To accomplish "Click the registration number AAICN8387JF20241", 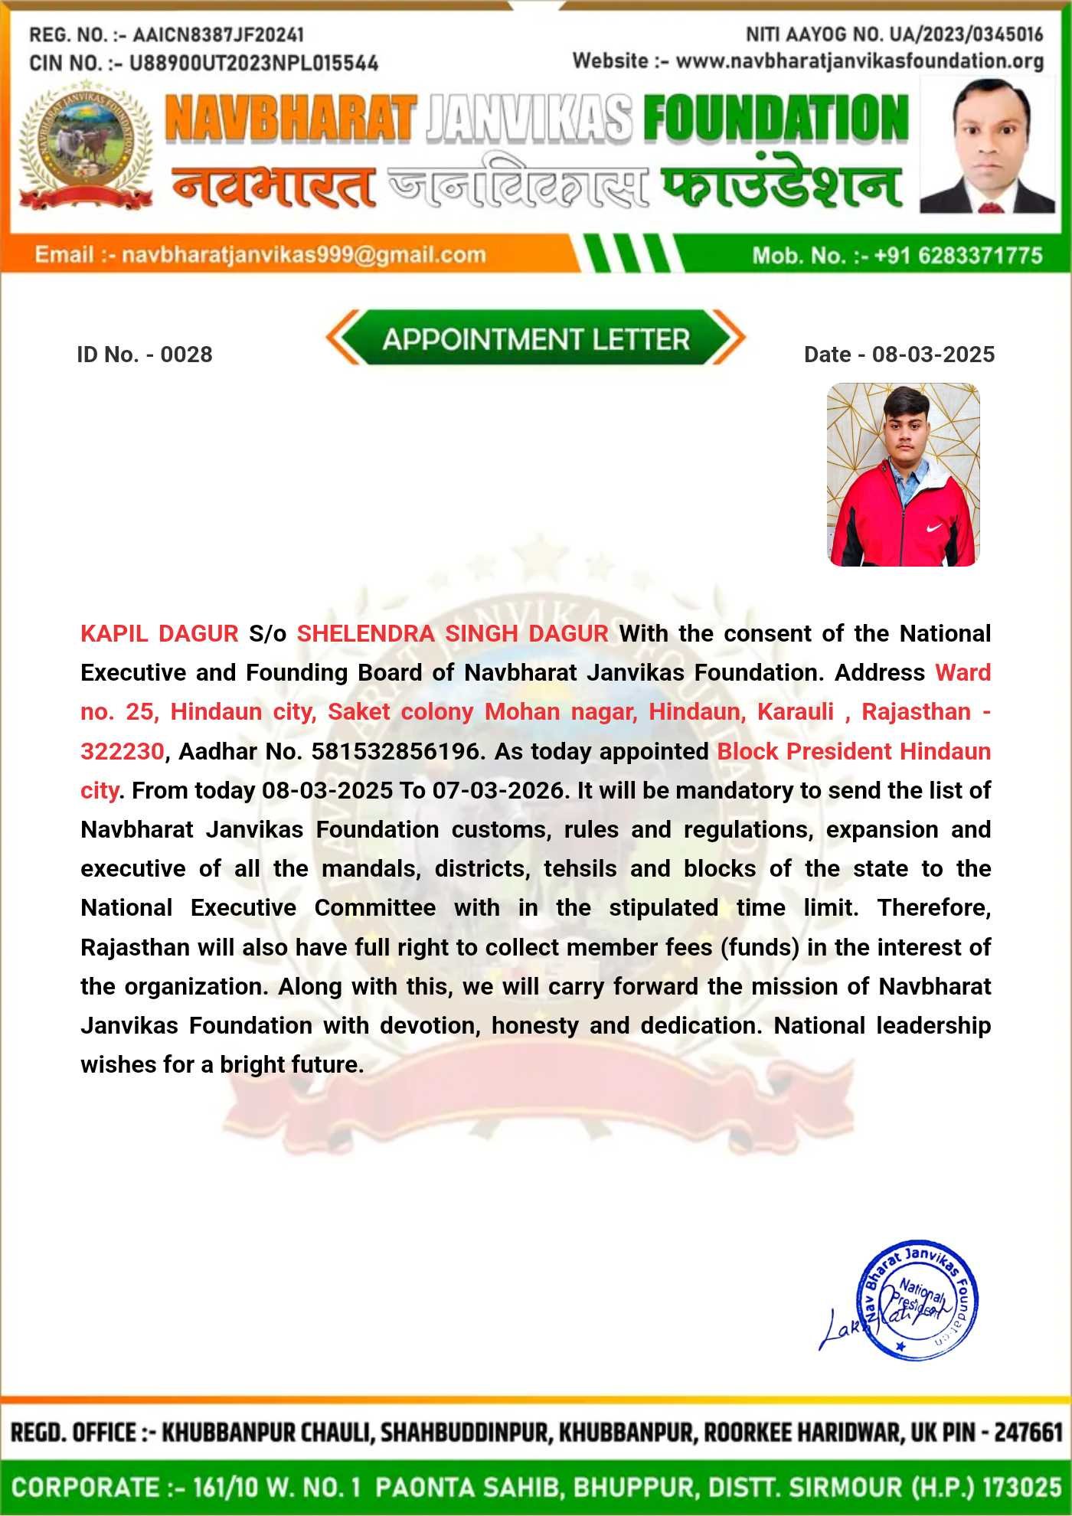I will pos(218,35).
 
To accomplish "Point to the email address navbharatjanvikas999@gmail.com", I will pos(304,255).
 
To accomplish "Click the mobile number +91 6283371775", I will pos(958,255).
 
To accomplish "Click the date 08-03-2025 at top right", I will pos(933,354).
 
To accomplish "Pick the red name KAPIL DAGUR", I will pos(159,634).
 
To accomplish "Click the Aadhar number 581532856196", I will pos(395,751).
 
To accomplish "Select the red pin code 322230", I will pos(122,751).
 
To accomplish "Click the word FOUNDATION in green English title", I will pos(775,119).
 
